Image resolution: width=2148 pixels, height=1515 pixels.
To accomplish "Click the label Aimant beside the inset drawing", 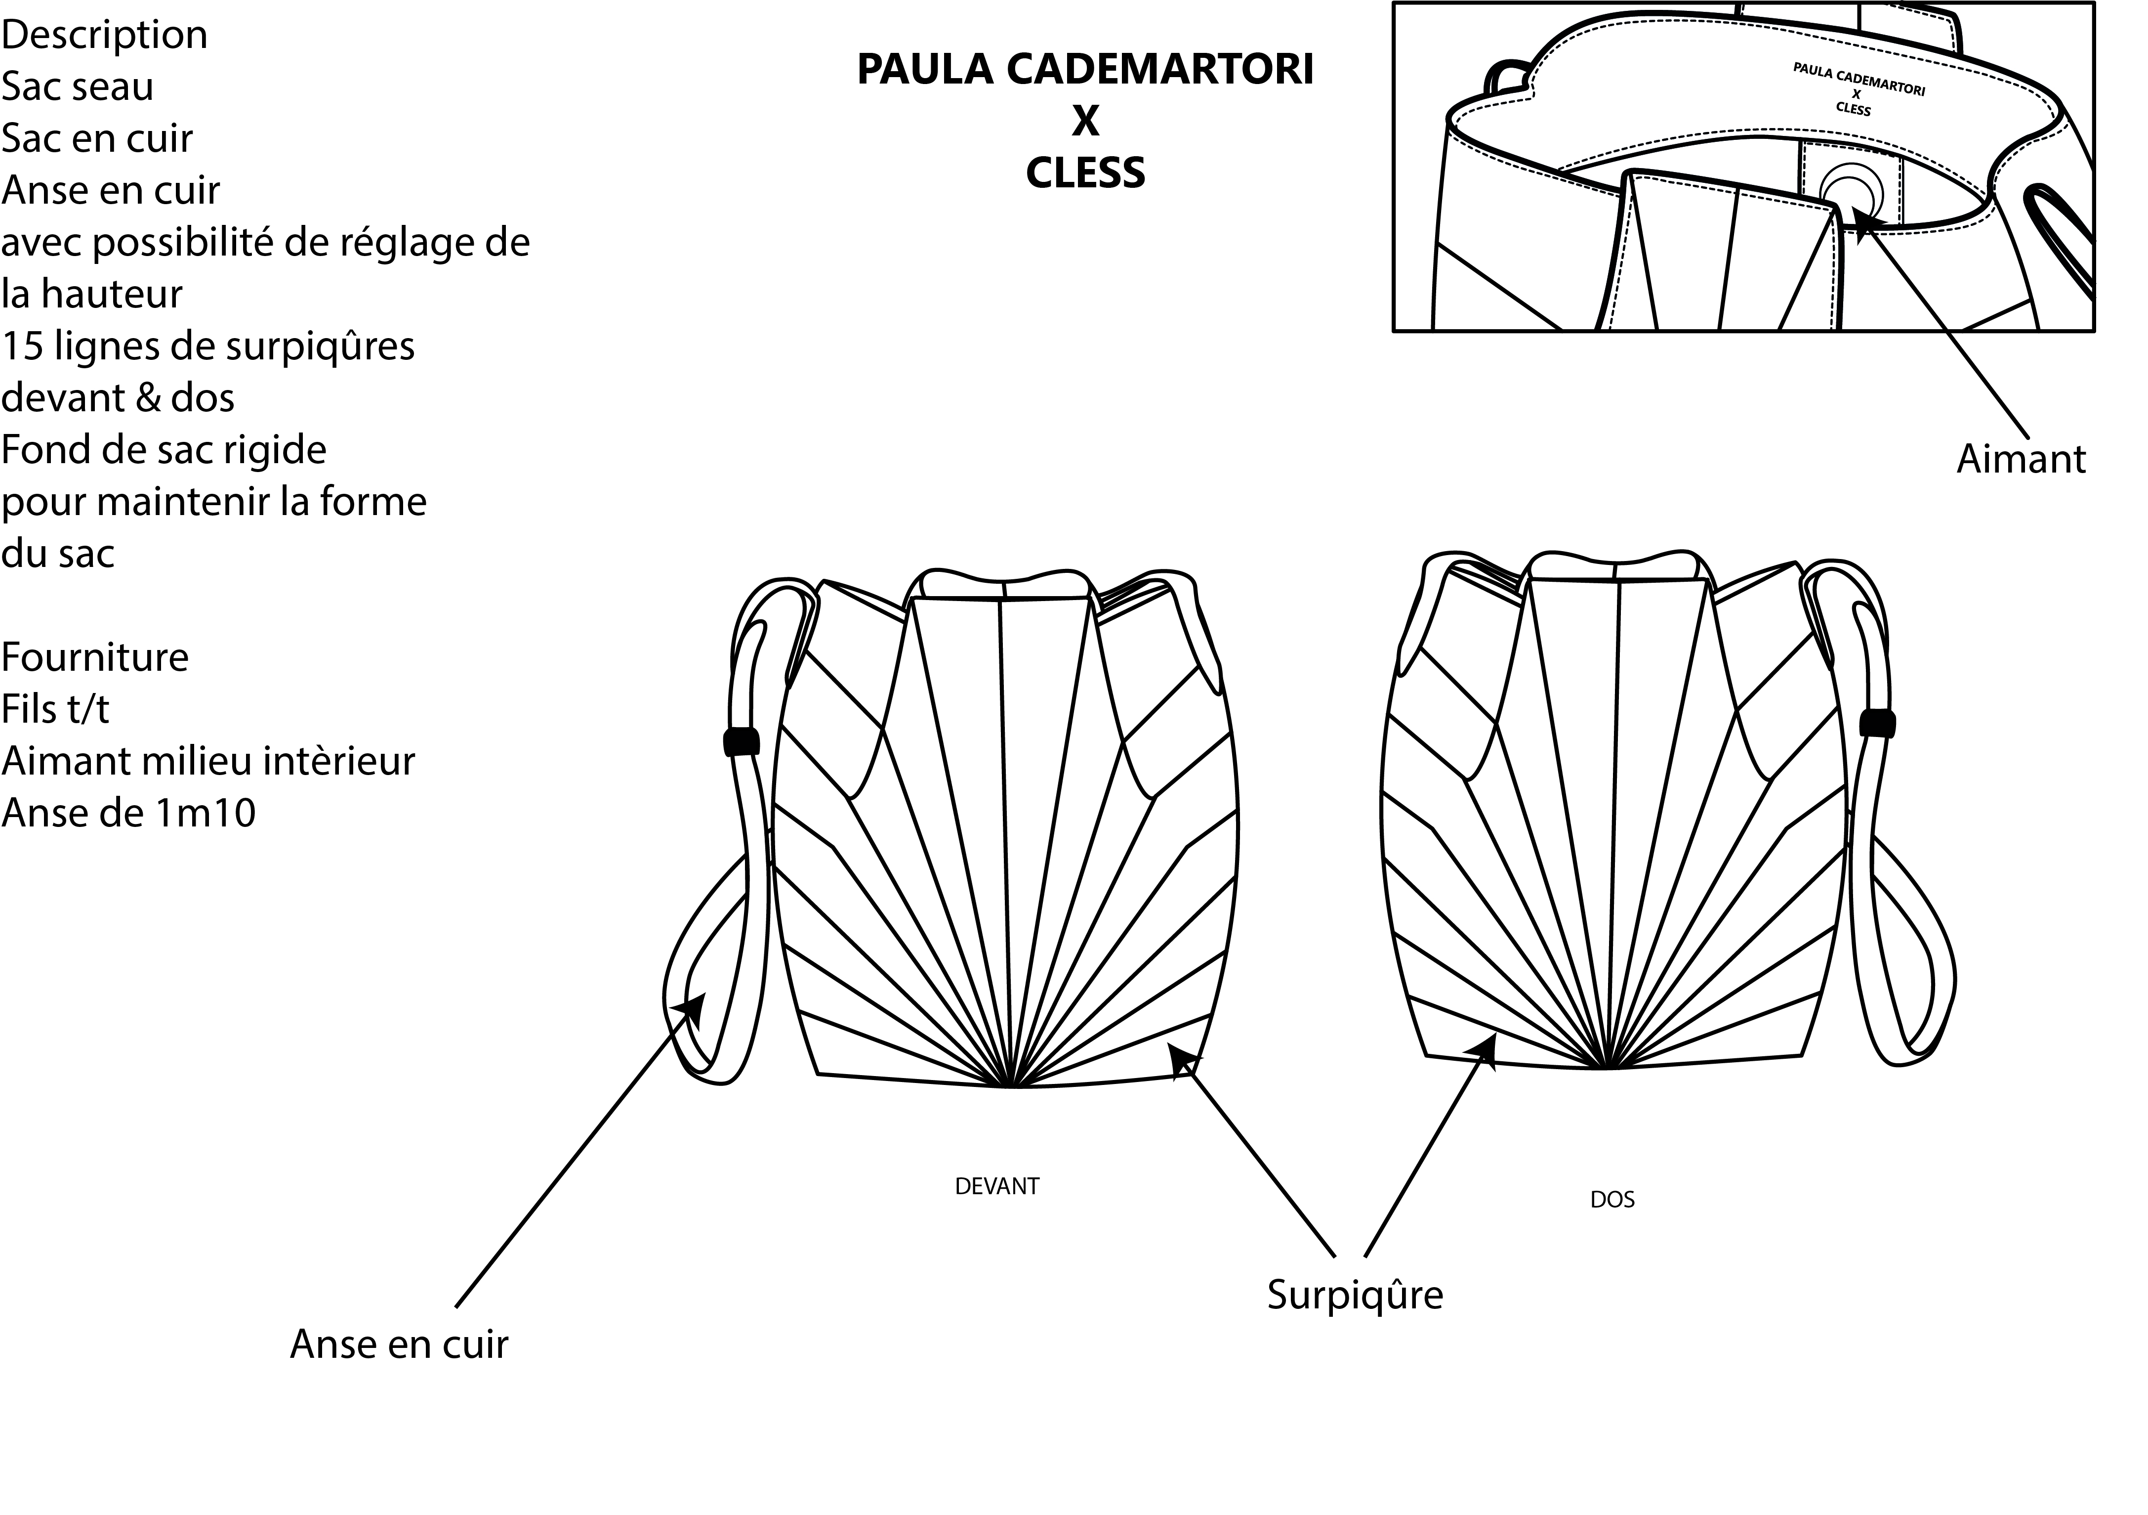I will click(x=2021, y=460).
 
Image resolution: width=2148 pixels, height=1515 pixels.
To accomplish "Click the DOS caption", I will click(x=1612, y=1200).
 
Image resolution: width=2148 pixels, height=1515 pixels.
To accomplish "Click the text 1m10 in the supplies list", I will click(x=206, y=813).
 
